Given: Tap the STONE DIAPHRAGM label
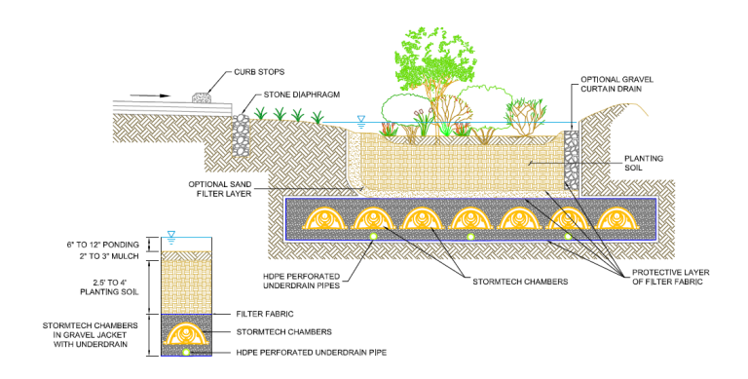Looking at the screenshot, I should point(304,95).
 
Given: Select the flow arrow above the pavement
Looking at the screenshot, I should point(146,96).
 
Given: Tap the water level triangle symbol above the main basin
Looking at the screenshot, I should point(361,121).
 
